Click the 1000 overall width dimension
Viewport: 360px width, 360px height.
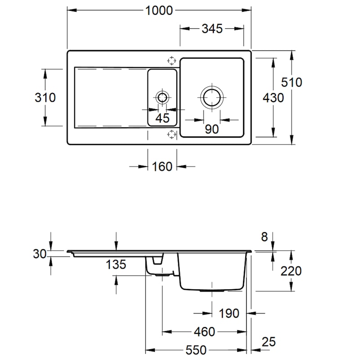click(x=159, y=10)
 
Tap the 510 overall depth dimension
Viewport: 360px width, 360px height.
click(x=292, y=82)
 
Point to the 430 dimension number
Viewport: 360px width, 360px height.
click(x=273, y=97)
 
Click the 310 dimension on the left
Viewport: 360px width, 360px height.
click(x=45, y=97)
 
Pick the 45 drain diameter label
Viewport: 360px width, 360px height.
click(x=162, y=118)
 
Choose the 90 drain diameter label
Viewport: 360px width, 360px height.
click(x=211, y=129)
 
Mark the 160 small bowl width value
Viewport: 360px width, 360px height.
click(x=162, y=166)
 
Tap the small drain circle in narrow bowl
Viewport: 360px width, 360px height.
click(x=162, y=97)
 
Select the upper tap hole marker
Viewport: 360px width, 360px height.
click(x=171, y=60)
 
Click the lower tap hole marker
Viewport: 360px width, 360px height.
click(x=171, y=134)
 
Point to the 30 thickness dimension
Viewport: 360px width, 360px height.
click(x=40, y=254)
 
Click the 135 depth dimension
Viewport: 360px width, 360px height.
click(x=116, y=265)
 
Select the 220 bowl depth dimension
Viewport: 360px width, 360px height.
click(x=291, y=271)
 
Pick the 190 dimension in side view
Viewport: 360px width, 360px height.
click(x=229, y=313)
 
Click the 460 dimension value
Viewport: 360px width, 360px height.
click(x=206, y=332)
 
